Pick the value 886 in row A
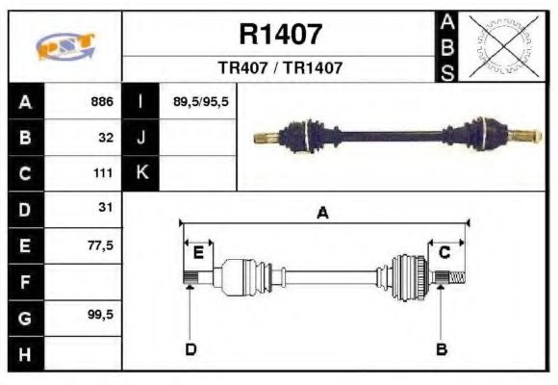click(x=102, y=101)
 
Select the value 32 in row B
click(x=107, y=138)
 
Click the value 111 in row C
click(x=104, y=173)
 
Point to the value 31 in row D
click(x=106, y=208)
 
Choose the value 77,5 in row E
click(x=100, y=245)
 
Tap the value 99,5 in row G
click(x=100, y=315)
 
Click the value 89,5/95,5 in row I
click(x=200, y=101)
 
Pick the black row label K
click(x=142, y=173)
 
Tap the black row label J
click(x=142, y=138)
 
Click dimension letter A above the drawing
click(x=322, y=214)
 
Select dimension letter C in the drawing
click(x=444, y=252)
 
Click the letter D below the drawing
click(x=190, y=348)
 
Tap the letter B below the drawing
click(x=442, y=348)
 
